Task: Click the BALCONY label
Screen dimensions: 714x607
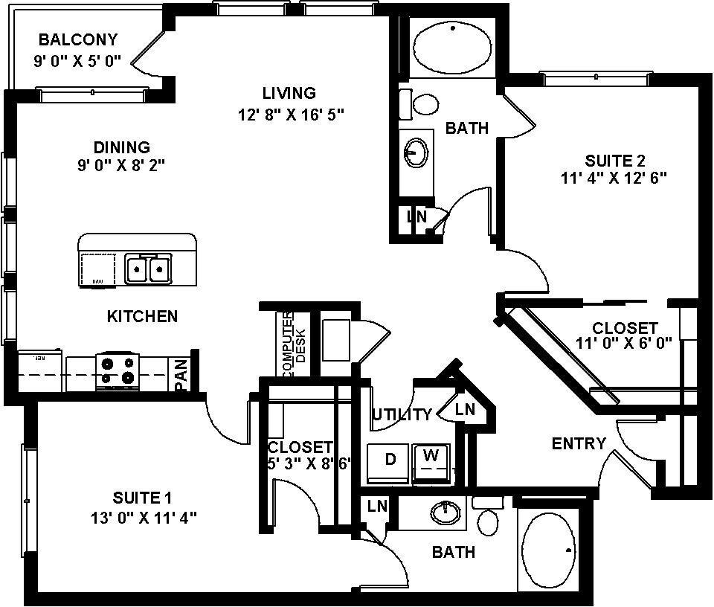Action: [x=78, y=39]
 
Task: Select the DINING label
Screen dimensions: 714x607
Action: [x=121, y=147]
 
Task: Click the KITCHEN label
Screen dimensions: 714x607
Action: [x=143, y=316]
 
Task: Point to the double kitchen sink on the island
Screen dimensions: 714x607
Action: [x=148, y=269]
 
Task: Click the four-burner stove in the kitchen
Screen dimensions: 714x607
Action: [x=118, y=370]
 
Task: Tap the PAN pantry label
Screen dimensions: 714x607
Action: [x=181, y=375]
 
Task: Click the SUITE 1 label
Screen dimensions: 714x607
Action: [x=143, y=496]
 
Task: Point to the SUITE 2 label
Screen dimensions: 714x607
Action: [x=614, y=160]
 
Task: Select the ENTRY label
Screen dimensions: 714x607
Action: [x=579, y=443]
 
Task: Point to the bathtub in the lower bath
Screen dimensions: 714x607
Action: [x=549, y=550]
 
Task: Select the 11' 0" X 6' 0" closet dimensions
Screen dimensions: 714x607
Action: [x=624, y=343]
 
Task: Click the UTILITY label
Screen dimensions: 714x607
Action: [x=402, y=414]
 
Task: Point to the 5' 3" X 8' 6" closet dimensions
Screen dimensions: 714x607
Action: [x=309, y=463]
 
